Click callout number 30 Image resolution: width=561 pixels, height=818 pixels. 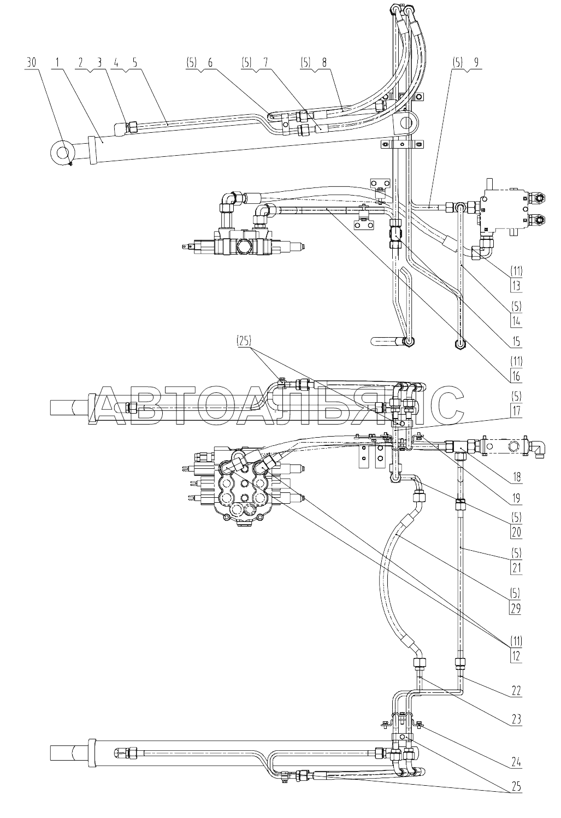click(x=32, y=63)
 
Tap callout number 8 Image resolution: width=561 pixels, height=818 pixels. click(x=324, y=63)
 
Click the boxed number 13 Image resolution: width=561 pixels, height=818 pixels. click(x=516, y=285)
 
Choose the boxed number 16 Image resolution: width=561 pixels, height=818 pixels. click(x=516, y=376)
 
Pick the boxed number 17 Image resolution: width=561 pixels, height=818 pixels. click(x=516, y=411)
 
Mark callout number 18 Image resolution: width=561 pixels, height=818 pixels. click(x=516, y=477)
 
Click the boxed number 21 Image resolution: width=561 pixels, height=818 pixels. click(x=516, y=568)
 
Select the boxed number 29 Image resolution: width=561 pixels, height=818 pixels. click(x=516, y=608)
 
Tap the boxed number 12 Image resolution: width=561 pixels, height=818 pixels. click(x=516, y=656)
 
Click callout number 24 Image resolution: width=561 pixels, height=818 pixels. click(x=516, y=762)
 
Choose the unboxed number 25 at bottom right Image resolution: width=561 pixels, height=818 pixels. click(x=516, y=786)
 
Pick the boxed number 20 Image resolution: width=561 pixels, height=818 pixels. click(x=516, y=532)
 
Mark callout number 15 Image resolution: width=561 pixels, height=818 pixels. click(x=516, y=342)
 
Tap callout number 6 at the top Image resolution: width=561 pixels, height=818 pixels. click(x=210, y=63)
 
